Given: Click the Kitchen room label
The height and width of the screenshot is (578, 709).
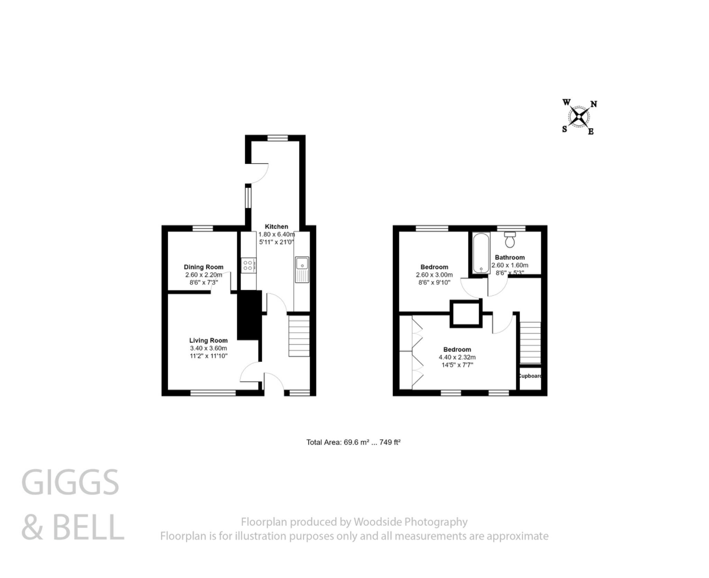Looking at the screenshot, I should [276, 226].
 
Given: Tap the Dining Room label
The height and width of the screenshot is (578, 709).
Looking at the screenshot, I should [203, 267].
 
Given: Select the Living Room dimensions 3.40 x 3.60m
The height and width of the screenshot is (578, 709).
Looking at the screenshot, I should [208, 348].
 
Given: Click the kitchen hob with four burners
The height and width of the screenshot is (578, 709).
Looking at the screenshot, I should [248, 266].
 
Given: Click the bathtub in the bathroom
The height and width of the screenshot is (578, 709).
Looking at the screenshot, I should [481, 253].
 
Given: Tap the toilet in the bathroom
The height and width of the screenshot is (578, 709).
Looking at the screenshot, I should [510, 240].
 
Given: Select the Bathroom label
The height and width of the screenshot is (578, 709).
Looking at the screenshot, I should [510, 257].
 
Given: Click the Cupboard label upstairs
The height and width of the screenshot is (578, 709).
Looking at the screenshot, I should [530, 376].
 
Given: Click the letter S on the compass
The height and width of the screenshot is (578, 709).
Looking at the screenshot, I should [564, 129].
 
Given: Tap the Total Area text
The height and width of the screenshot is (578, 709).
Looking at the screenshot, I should [353, 442].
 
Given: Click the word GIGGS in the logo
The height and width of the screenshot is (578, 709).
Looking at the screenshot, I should [70, 483].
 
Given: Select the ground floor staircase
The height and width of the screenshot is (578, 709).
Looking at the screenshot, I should [299, 336].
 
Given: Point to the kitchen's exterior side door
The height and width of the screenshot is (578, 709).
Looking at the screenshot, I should [258, 173].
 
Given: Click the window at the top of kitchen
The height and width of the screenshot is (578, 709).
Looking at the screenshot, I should [277, 138].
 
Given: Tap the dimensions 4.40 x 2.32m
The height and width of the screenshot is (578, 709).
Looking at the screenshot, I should [457, 357].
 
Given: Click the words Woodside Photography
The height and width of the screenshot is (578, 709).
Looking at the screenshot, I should [410, 522].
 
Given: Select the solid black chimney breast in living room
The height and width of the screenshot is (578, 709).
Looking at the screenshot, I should [249, 315].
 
